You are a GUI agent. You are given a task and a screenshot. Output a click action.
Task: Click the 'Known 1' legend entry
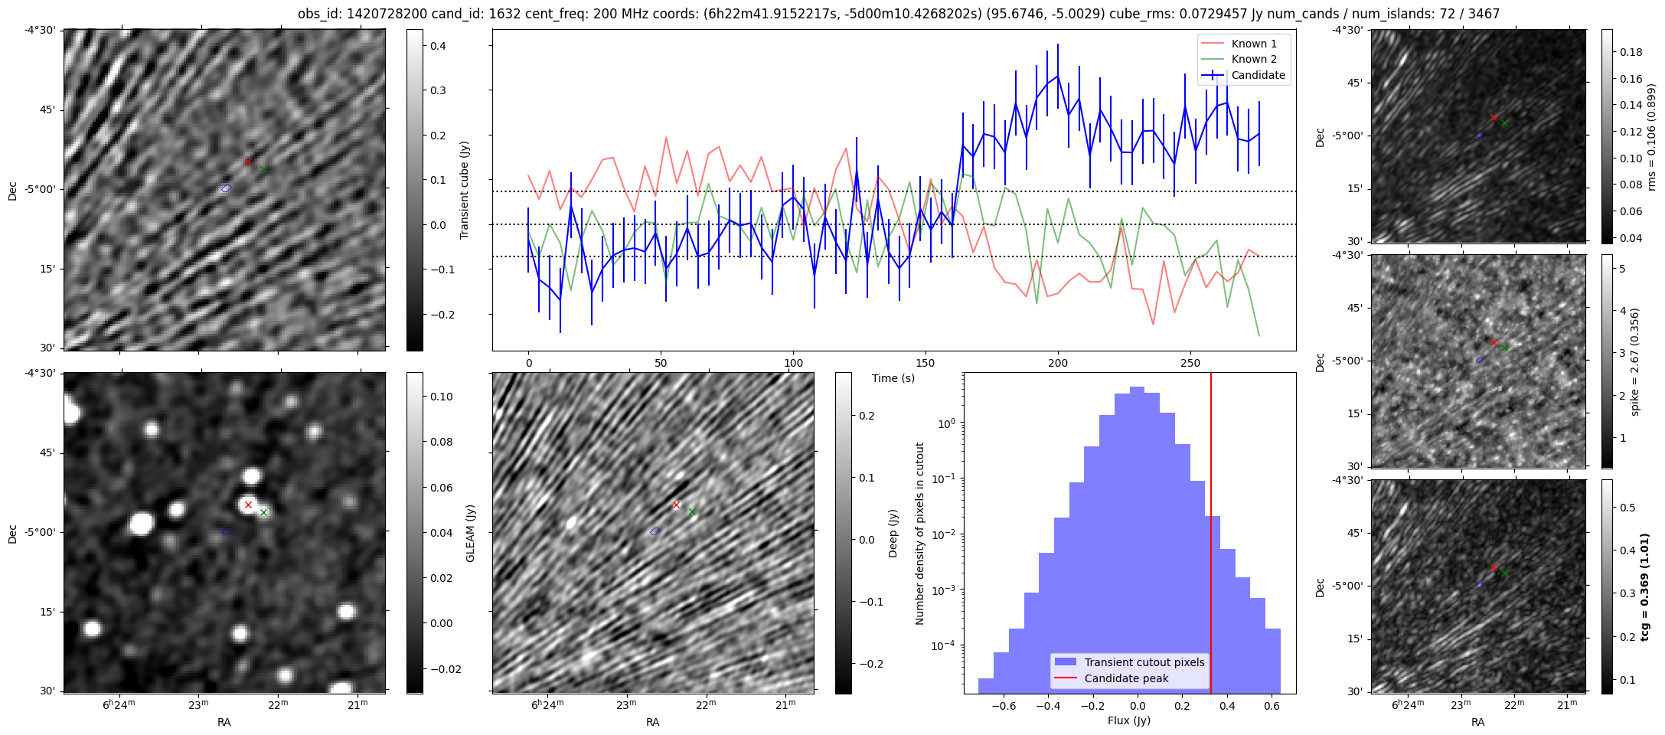tap(1253, 44)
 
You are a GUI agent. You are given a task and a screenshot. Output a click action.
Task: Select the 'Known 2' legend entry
tap(1253, 59)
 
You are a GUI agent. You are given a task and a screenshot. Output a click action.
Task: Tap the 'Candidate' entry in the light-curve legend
tap(1258, 75)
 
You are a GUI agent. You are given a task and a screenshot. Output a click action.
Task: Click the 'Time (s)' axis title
tap(893, 378)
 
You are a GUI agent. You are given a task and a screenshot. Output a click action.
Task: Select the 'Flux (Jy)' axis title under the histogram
tap(1128, 720)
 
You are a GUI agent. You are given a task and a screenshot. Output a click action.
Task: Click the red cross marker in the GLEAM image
tap(248, 505)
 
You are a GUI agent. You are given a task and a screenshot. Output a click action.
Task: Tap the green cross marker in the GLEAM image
tap(263, 512)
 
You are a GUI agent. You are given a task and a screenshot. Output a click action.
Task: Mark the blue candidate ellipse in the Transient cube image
tap(226, 188)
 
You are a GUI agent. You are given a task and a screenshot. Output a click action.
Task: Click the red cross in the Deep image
tap(676, 505)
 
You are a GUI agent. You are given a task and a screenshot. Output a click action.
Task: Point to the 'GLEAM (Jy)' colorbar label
tap(471, 533)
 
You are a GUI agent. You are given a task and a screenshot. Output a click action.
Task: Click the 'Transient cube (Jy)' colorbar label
tap(465, 190)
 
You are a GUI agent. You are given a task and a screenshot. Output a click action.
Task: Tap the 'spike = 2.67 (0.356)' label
tap(1635, 361)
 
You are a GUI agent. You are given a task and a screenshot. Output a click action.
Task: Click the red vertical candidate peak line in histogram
tap(1211, 536)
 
